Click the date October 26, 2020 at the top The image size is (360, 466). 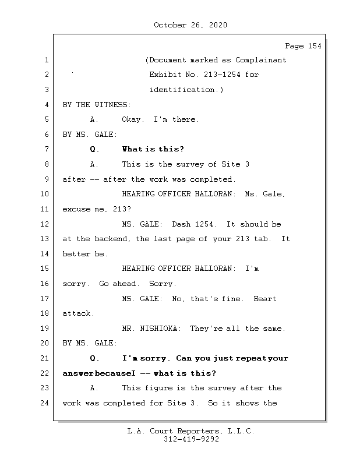tap(190, 25)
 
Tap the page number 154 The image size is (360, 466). tap(315, 46)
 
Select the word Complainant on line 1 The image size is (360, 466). tap(261, 60)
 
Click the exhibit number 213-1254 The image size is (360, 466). tap(222, 75)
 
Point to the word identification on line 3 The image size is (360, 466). tap(182, 90)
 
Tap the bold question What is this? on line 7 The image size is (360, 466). tap(153, 149)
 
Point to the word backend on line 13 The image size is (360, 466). tap(111, 239)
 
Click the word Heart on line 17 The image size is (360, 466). tap(265, 299)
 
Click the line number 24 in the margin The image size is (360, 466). tap(45, 403)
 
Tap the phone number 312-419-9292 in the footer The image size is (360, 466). tap(191, 439)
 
